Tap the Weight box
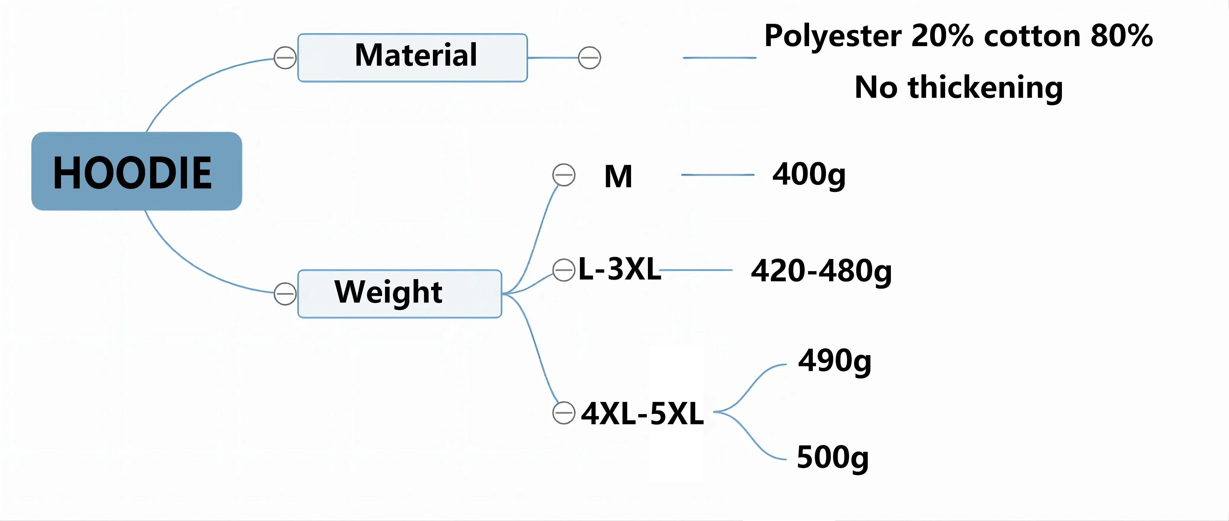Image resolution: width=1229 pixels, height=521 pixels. pos(399,294)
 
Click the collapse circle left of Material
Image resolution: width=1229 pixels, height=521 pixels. pos(285,58)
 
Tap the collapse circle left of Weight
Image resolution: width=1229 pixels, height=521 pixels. pos(285,294)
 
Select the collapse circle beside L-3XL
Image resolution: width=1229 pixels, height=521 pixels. pos(564,270)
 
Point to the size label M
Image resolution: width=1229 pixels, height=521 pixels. pos(618,176)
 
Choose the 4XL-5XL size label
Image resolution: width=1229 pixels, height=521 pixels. pos(642,413)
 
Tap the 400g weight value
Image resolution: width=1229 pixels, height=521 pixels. pos(809,175)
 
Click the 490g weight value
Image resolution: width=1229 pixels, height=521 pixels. pos(835,361)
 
